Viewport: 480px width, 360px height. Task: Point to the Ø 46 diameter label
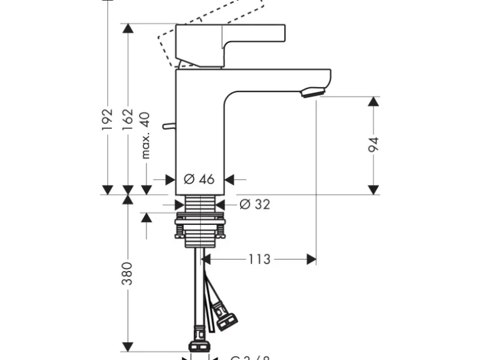coord(199,179)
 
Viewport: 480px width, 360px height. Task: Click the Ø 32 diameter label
coord(255,204)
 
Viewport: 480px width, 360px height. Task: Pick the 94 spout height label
coord(373,144)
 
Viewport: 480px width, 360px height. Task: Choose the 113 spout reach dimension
coord(260,258)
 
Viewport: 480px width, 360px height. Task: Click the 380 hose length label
coord(127,274)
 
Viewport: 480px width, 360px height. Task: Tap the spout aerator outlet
coord(313,93)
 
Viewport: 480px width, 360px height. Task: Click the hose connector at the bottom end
coord(200,345)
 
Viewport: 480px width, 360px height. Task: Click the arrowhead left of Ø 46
coord(170,179)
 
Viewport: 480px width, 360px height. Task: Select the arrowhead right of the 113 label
coord(310,258)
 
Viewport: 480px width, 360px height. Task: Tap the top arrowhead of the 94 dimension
coord(373,102)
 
